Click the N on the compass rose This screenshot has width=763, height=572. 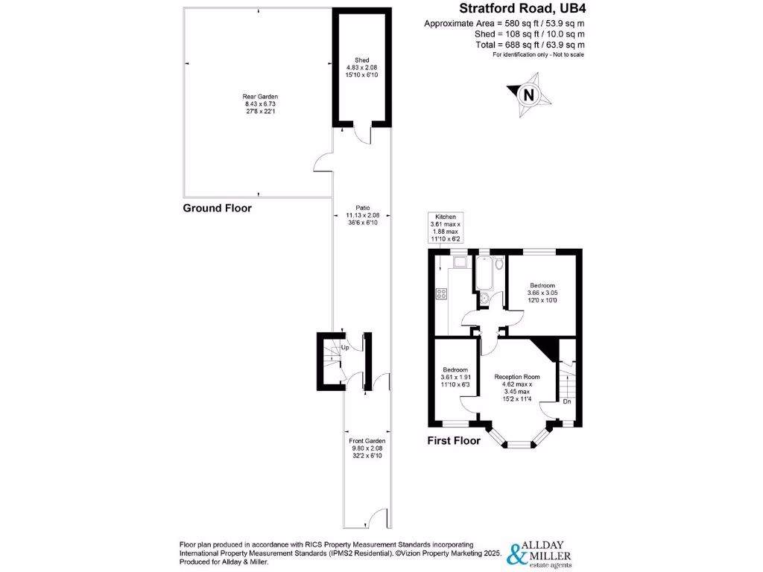529,95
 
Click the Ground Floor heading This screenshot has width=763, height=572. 218,209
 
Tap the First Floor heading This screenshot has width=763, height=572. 454,441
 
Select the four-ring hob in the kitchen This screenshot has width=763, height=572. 440,293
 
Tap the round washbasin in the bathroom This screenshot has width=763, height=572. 485,299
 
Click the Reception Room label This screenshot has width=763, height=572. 517,377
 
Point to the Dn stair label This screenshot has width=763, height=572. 567,402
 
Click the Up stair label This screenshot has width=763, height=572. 344,348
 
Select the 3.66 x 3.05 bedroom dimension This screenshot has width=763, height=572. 542,293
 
